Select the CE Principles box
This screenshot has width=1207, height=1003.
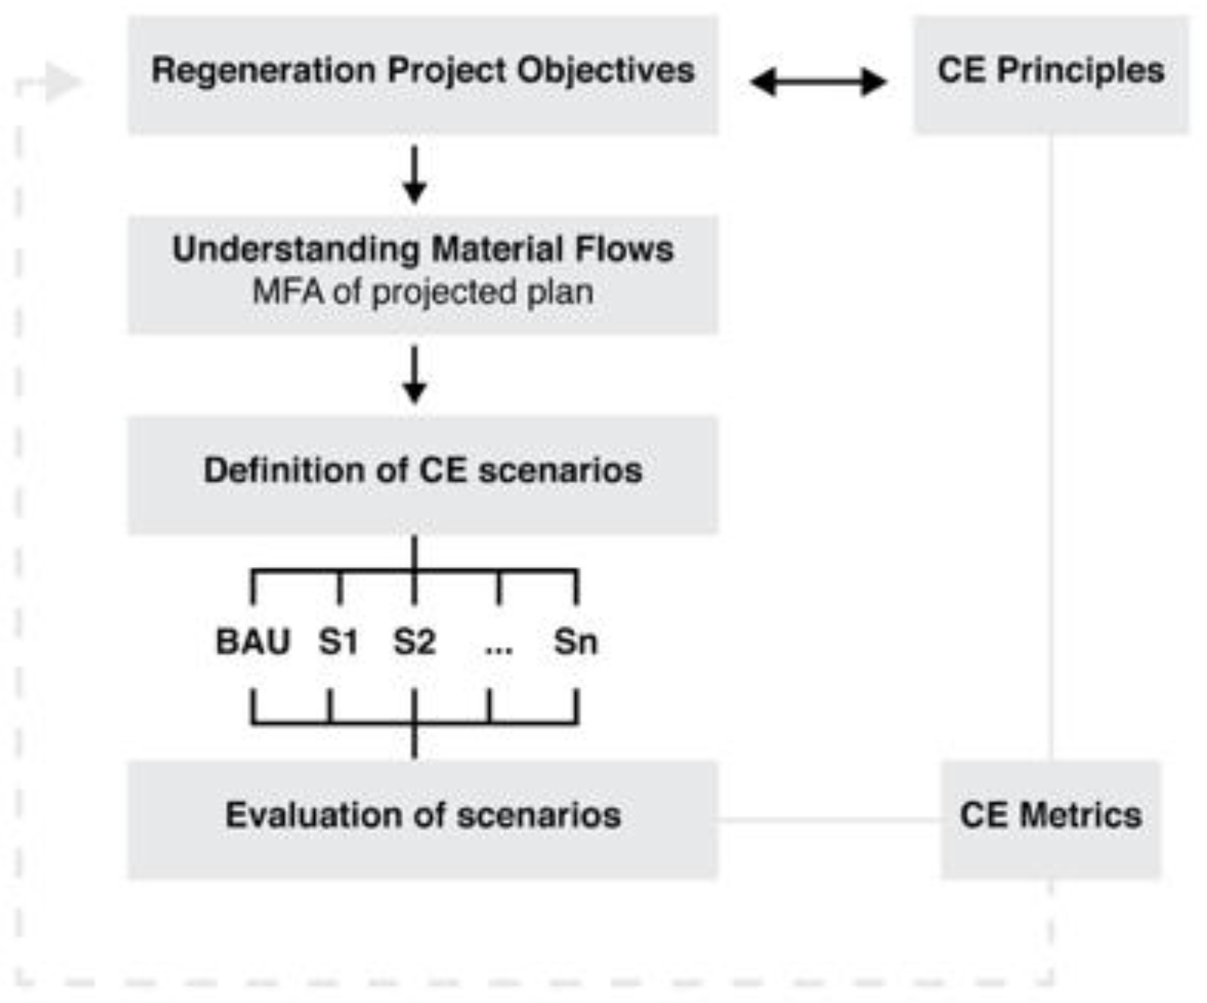pyautogui.click(x=1050, y=74)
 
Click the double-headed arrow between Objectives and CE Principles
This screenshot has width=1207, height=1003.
pyautogui.click(x=817, y=82)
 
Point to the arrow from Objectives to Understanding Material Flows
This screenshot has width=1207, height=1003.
pyautogui.click(x=414, y=175)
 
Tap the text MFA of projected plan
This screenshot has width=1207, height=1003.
pyautogui.click(x=423, y=292)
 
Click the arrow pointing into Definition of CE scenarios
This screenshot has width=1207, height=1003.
pyautogui.click(x=414, y=374)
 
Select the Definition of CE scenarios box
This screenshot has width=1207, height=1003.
pyautogui.click(x=423, y=474)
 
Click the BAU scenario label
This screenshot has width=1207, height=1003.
pyautogui.click(x=252, y=641)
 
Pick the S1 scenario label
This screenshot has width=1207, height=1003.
pyautogui.click(x=338, y=641)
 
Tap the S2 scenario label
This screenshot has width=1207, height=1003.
pyautogui.click(x=414, y=641)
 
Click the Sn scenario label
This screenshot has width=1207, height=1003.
pyautogui.click(x=575, y=641)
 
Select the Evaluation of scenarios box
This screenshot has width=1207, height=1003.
pyautogui.click(x=423, y=819)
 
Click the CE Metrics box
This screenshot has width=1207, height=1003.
pyautogui.click(x=1050, y=819)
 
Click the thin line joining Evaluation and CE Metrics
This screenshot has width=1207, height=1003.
pyautogui.click(x=829, y=819)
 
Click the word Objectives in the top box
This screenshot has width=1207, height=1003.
pyautogui.click(x=605, y=71)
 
